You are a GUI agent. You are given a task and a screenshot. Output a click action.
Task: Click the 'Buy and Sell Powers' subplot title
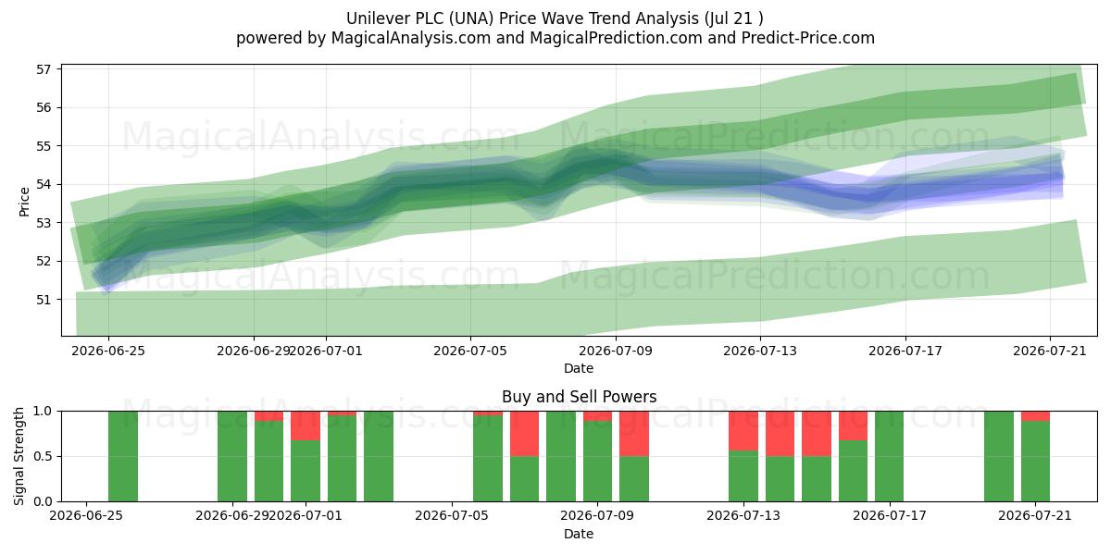[x=579, y=397]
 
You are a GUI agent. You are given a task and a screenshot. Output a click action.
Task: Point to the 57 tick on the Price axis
[x=44, y=69]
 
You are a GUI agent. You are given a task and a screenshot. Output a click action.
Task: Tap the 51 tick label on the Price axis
[x=44, y=300]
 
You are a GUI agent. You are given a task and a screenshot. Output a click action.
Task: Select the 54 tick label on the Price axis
[x=44, y=185]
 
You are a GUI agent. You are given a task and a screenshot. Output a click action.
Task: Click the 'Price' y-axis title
[x=24, y=202]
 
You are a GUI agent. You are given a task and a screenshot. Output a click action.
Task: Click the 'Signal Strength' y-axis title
[x=19, y=456]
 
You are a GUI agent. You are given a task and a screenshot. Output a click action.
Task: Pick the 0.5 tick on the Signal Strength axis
[x=43, y=456]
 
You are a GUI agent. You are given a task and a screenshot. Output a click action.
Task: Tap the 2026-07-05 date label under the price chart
[x=470, y=351]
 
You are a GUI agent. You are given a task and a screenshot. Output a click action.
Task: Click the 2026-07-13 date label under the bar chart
[x=743, y=516]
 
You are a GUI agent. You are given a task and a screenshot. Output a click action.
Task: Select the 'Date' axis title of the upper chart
[x=579, y=368]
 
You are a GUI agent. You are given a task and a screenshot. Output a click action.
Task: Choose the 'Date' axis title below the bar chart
[x=579, y=534]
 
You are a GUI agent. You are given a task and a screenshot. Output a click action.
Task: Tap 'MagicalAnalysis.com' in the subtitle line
[x=411, y=38]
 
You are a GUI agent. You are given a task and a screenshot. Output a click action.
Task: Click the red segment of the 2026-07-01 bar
[x=306, y=425]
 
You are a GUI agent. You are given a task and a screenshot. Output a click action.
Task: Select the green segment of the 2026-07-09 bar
[x=598, y=461]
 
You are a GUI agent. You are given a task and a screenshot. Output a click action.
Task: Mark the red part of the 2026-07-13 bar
[x=743, y=431]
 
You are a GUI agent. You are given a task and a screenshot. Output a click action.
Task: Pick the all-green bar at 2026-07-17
[x=890, y=456]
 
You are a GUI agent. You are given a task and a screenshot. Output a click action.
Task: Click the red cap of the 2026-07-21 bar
[x=1036, y=416]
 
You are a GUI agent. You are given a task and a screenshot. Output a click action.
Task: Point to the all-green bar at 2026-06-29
[x=232, y=456]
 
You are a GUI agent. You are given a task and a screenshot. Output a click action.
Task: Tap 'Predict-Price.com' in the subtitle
[x=808, y=38]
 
